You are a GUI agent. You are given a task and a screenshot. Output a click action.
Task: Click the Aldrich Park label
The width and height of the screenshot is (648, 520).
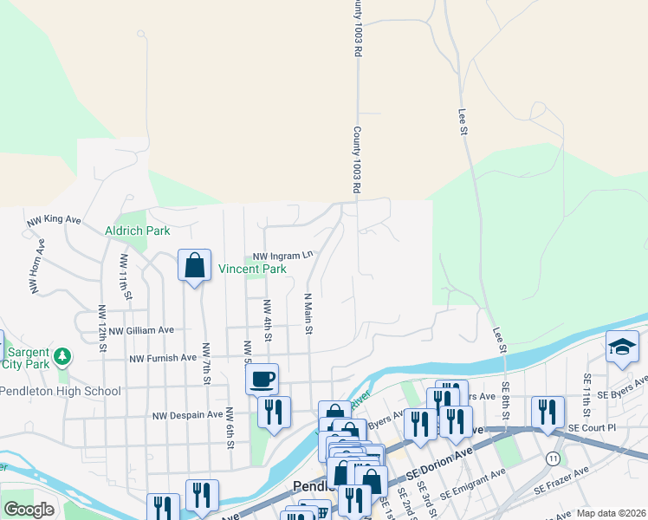[x=137, y=231]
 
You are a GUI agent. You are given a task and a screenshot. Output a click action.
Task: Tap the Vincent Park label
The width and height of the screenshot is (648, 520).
[x=251, y=270]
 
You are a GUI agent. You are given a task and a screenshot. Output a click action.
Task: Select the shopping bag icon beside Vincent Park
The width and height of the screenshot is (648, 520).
[x=195, y=264]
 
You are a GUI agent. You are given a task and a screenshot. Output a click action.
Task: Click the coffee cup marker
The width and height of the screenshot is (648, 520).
[x=262, y=379]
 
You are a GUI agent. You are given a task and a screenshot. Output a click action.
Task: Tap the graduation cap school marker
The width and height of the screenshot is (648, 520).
[x=622, y=347]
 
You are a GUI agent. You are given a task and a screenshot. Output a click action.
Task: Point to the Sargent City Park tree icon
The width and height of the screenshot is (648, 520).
[x=62, y=356]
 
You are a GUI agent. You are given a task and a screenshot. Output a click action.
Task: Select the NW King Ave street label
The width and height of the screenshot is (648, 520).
[x=54, y=220]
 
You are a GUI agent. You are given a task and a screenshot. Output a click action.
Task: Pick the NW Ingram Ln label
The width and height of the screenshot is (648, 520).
[x=282, y=257]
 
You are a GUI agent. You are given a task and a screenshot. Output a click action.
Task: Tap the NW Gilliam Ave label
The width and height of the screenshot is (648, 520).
[x=137, y=330]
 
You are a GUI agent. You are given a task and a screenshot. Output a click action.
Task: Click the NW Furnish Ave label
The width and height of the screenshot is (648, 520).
[x=163, y=357]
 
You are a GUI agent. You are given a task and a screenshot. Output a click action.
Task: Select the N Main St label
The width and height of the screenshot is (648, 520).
[x=307, y=313]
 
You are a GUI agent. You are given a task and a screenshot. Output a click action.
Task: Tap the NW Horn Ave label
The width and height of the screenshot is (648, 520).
[x=36, y=265]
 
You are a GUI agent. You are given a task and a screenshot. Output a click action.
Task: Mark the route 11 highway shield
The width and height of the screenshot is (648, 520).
[x=553, y=457]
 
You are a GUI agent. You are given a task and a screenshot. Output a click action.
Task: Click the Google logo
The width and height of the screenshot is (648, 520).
[x=29, y=510]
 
